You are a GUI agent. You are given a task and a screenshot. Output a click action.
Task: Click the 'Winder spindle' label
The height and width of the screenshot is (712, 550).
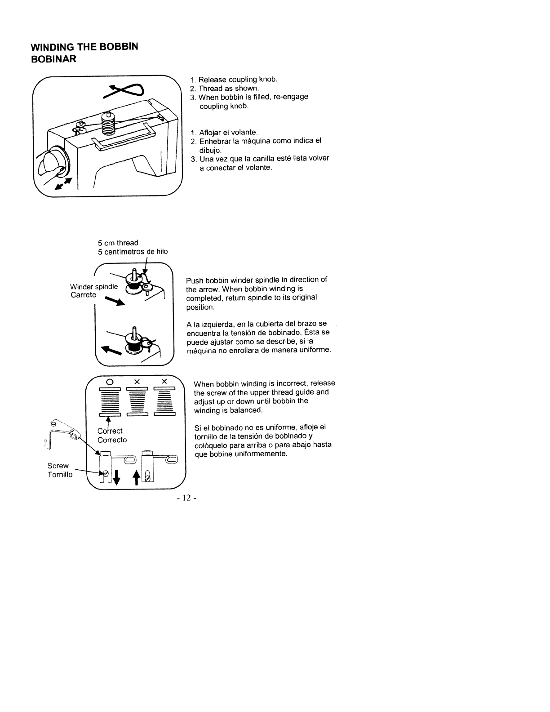click(x=94, y=287)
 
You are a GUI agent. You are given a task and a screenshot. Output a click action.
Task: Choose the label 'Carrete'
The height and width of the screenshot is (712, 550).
click(x=83, y=295)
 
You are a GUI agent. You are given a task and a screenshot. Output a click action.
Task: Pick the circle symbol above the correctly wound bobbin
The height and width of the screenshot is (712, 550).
click(x=109, y=381)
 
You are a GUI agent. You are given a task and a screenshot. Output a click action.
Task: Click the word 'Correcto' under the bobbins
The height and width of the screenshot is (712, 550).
click(x=112, y=440)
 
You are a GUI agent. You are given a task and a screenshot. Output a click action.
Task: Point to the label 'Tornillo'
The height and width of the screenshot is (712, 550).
click(x=60, y=475)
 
